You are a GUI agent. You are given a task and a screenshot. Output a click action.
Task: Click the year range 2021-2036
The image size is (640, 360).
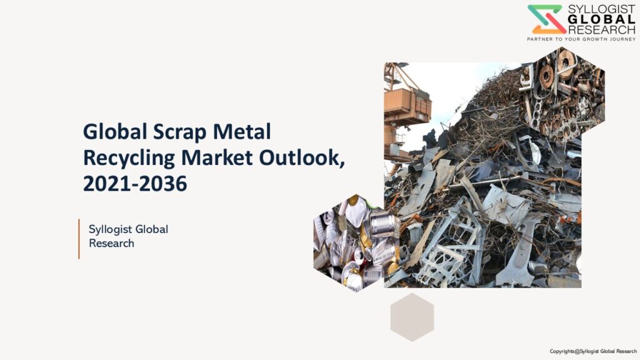point(135,184)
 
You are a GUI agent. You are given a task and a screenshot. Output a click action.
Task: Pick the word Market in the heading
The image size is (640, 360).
point(217,157)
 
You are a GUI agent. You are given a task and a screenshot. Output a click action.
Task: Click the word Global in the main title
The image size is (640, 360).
point(115,131)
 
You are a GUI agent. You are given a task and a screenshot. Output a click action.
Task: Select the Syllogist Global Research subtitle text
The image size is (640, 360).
point(128,236)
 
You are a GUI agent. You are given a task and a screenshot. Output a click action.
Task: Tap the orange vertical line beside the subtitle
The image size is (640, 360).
point(79,239)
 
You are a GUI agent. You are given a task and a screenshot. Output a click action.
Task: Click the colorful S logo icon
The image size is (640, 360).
point(546,19)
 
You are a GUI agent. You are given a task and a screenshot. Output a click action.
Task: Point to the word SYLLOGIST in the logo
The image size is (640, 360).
point(602,9)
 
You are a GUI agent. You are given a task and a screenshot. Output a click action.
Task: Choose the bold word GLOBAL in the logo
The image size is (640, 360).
point(602,19)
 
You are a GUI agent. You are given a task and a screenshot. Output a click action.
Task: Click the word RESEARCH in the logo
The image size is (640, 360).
point(602,29)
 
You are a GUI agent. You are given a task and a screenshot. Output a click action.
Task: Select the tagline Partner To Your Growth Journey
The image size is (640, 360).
point(581,39)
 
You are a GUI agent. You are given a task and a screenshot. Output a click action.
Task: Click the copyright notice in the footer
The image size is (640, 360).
point(593,351)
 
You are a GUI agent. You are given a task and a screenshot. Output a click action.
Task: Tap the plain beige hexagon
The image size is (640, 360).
point(412,317)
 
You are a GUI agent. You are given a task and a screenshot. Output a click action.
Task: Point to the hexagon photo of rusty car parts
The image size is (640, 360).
point(562,94)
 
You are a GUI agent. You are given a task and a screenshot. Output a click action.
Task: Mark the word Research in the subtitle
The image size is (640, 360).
point(111,243)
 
